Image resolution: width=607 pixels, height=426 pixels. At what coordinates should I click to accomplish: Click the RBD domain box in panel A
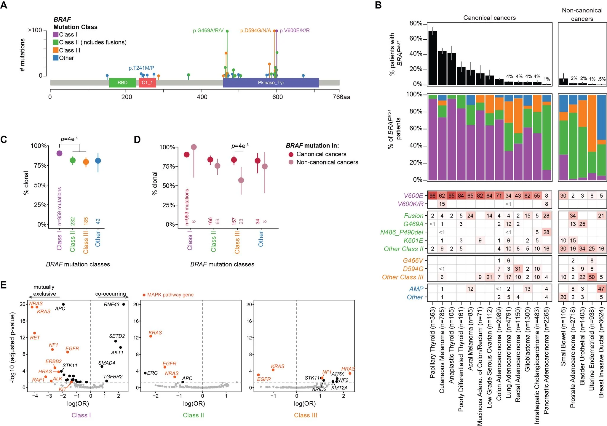pos(122,83)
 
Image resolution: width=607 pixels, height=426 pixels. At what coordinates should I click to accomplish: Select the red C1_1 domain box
pos(147,83)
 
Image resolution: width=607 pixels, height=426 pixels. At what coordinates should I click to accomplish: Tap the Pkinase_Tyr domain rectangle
pos(271,83)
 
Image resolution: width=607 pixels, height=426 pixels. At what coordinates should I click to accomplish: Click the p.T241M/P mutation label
pos(141,68)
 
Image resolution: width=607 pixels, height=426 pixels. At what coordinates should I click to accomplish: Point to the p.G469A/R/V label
pos(208,31)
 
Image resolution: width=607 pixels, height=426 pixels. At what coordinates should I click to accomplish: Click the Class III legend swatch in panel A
pos(56,50)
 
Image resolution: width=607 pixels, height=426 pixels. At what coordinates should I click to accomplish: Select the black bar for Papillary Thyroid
pos(432,58)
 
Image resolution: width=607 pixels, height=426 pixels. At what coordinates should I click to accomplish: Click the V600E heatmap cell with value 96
pos(432,196)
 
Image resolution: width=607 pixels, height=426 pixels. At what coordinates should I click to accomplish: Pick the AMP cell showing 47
pos(601,289)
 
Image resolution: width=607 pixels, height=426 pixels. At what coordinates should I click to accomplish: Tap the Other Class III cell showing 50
pos(592,277)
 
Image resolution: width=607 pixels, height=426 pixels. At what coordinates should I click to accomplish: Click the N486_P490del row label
pos(402,232)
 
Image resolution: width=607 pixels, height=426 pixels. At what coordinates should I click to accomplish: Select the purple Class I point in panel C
pos(59,153)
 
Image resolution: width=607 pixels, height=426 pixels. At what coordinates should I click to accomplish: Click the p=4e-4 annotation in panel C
pos(69,139)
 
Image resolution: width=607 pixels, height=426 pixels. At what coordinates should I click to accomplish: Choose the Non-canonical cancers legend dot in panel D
pos(291,162)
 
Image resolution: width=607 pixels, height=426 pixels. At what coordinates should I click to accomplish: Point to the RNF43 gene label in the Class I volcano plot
pos(111,305)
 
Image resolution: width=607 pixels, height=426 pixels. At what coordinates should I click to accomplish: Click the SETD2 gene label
pos(117,336)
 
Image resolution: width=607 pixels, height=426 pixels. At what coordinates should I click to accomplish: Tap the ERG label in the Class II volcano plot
pos(152,373)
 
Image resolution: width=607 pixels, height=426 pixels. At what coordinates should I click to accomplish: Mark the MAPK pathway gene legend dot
pos(144,295)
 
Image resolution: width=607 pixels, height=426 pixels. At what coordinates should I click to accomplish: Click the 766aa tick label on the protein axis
pos(341,97)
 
